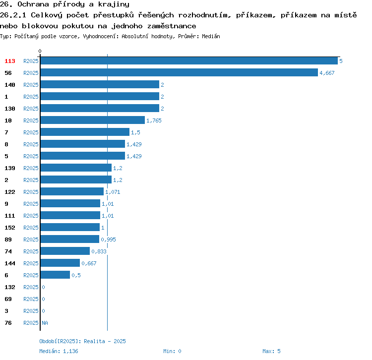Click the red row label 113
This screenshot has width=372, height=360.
click(x=10, y=61)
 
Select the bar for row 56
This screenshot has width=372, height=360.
click(x=179, y=72)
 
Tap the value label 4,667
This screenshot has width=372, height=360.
click(x=327, y=73)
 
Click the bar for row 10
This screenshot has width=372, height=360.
click(x=93, y=120)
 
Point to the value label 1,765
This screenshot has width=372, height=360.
click(x=154, y=120)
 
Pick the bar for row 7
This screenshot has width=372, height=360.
click(x=85, y=132)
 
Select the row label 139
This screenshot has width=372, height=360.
click(x=10, y=168)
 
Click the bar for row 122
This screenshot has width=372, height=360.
click(x=72, y=191)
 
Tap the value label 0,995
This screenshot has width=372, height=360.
click(x=108, y=240)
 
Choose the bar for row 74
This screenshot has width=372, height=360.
click(x=65, y=251)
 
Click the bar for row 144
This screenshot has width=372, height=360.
click(x=60, y=263)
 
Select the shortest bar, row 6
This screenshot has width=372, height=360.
click(x=55, y=275)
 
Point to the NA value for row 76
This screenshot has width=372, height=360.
click(x=45, y=323)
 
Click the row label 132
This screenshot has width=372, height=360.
click(x=10, y=287)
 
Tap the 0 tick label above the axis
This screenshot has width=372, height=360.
click(x=40, y=51)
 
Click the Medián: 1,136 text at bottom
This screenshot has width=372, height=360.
click(x=59, y=351)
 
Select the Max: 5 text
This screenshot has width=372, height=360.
click(x=271, y=351)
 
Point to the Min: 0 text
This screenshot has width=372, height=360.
click(x=172, y=351)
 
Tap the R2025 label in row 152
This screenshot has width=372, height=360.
click(x=31, y=228)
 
